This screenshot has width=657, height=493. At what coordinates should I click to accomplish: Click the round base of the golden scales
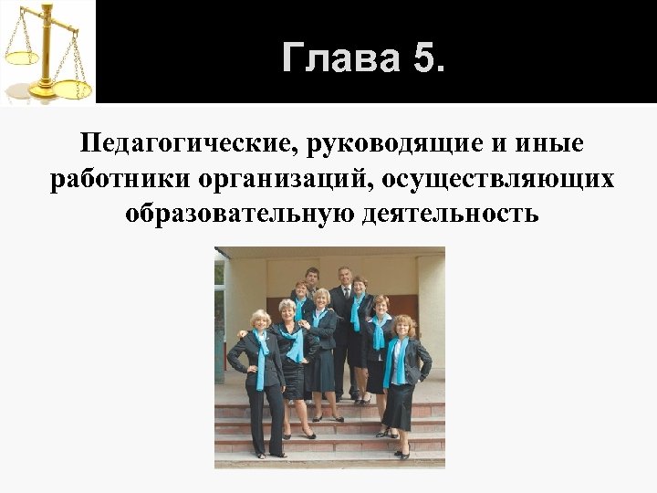coord(40,95)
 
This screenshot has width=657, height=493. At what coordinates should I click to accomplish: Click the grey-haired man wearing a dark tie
coord(344,301)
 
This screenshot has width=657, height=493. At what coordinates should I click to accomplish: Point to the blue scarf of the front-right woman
coord(398,361)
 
